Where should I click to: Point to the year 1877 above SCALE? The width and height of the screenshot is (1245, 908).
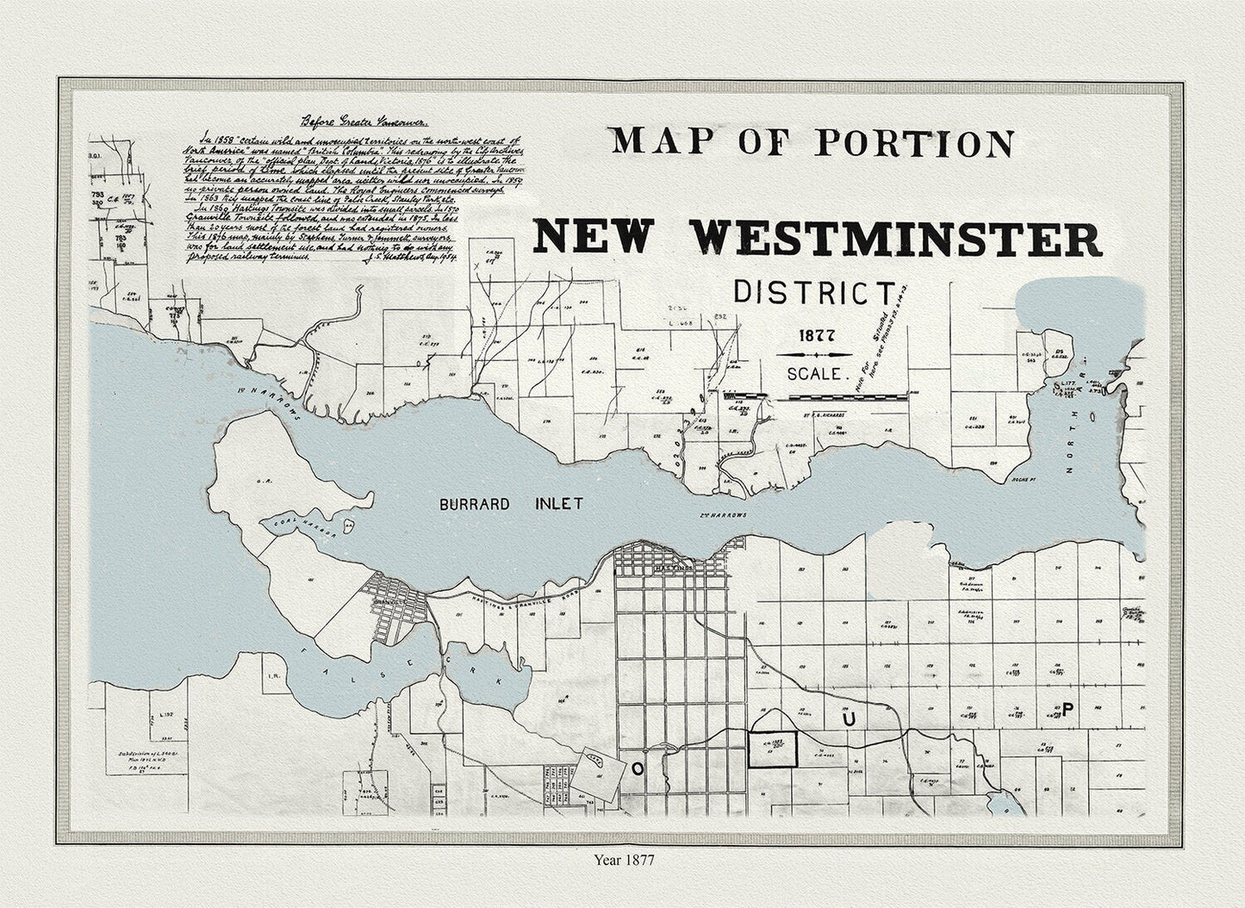coord(815,335)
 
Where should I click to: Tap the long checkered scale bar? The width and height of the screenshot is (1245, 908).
coord(846,396)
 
